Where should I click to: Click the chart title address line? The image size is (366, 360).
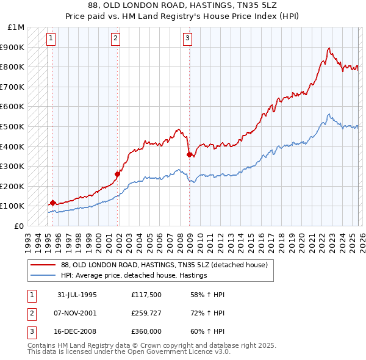pos(183,5)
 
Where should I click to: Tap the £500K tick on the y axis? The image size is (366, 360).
pos(12,126)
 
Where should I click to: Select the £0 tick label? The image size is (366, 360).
pos(19,226)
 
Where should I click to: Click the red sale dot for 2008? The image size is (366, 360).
pos(189,154)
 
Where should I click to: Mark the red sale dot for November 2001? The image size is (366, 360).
pos(118,174)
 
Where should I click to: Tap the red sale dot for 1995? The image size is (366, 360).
pos(53,203)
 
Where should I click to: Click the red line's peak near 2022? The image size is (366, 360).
pos(329,48)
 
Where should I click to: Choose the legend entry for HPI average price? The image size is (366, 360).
pos(134,275)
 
